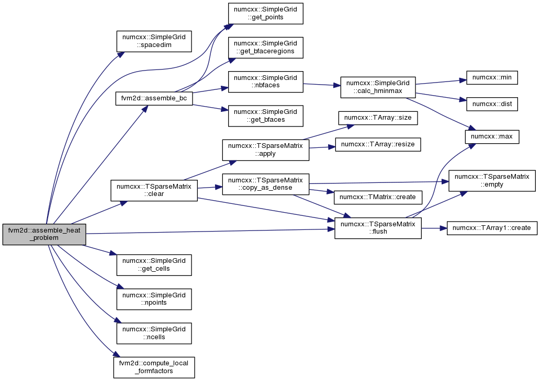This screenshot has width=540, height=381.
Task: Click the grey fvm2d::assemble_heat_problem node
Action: pos(44,234)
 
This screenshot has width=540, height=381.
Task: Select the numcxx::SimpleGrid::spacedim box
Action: pos(154,41)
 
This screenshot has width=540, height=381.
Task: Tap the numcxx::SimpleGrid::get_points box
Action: pos(265,14)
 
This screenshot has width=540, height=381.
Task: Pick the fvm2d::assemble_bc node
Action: pos(154,98)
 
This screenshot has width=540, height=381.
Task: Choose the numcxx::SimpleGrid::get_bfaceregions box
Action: pos(265,48)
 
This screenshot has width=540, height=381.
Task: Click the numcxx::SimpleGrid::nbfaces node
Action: pos(265,82)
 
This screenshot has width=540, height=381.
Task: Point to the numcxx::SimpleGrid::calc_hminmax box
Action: pos(378,87)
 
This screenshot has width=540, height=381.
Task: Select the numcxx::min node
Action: pos(492,78)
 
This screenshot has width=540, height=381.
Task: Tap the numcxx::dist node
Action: pos(492,104)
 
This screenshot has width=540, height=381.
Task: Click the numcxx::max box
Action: pos(492,136)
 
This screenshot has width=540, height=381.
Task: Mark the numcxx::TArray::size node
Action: pos(378,118)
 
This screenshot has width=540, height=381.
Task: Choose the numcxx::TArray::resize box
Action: pos(378,144)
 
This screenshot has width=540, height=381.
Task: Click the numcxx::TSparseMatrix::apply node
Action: pos(265,149)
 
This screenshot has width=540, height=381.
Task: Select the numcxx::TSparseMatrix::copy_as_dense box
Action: pos(265,184)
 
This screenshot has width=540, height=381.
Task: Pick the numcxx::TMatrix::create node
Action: pos(378,197)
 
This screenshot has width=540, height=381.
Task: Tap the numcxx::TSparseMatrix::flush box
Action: pos(378,228)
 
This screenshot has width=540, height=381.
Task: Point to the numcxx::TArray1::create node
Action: pos(492,228)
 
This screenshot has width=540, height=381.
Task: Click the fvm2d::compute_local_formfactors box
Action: pos(154,367)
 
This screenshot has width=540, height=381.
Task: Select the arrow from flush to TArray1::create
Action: pos(434,228)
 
